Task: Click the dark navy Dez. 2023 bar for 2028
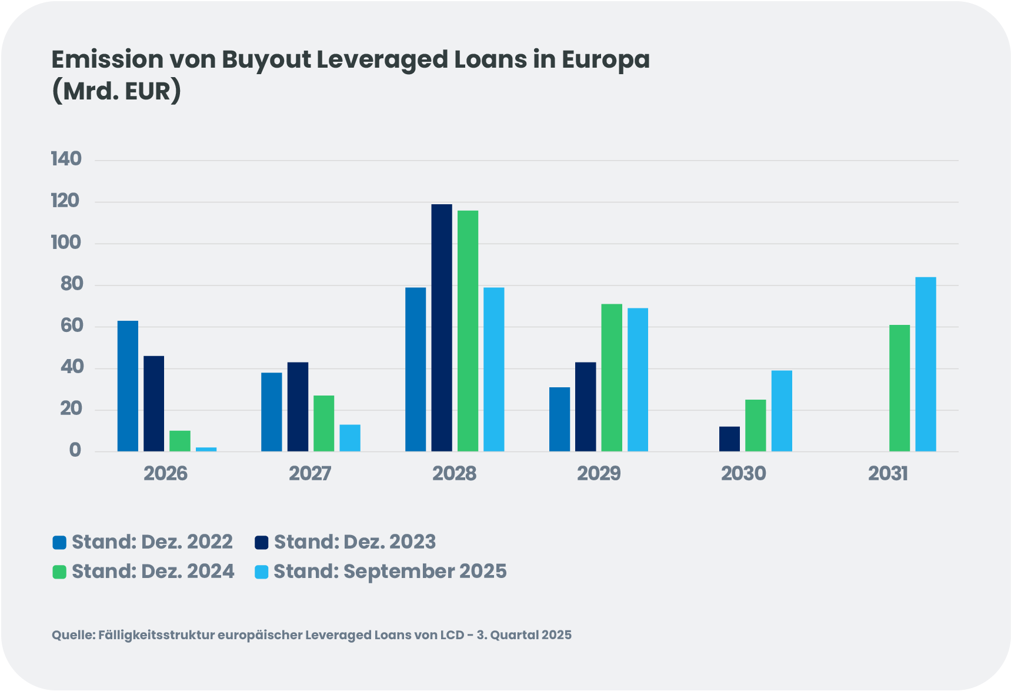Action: [x=442, y=328]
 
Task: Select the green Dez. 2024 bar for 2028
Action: [x=468, y=331]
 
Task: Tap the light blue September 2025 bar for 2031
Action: [x=925, y=364]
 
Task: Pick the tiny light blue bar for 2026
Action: [x=206, y=449]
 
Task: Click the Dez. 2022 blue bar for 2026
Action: [x=128, y=386]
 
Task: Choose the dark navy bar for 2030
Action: [x=729, y=439]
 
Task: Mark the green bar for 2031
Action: [x=899, y=388]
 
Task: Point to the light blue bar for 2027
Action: [x=350, y=438]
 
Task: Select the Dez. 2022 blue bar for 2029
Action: [x=559, y=419]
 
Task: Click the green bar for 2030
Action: [x=755, y=426]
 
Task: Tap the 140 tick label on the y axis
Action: [x=66, y=159]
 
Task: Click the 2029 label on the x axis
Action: [x=599, y=473]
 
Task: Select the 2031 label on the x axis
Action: [x=887, y=473]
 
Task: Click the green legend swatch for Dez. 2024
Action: [x=59, y=572]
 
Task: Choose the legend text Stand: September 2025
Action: [x=390, y=571]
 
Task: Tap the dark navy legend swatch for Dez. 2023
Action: [x=262, y=542]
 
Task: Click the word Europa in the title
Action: [x=605, y=60]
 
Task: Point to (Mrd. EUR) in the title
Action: [x=116, y=91]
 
